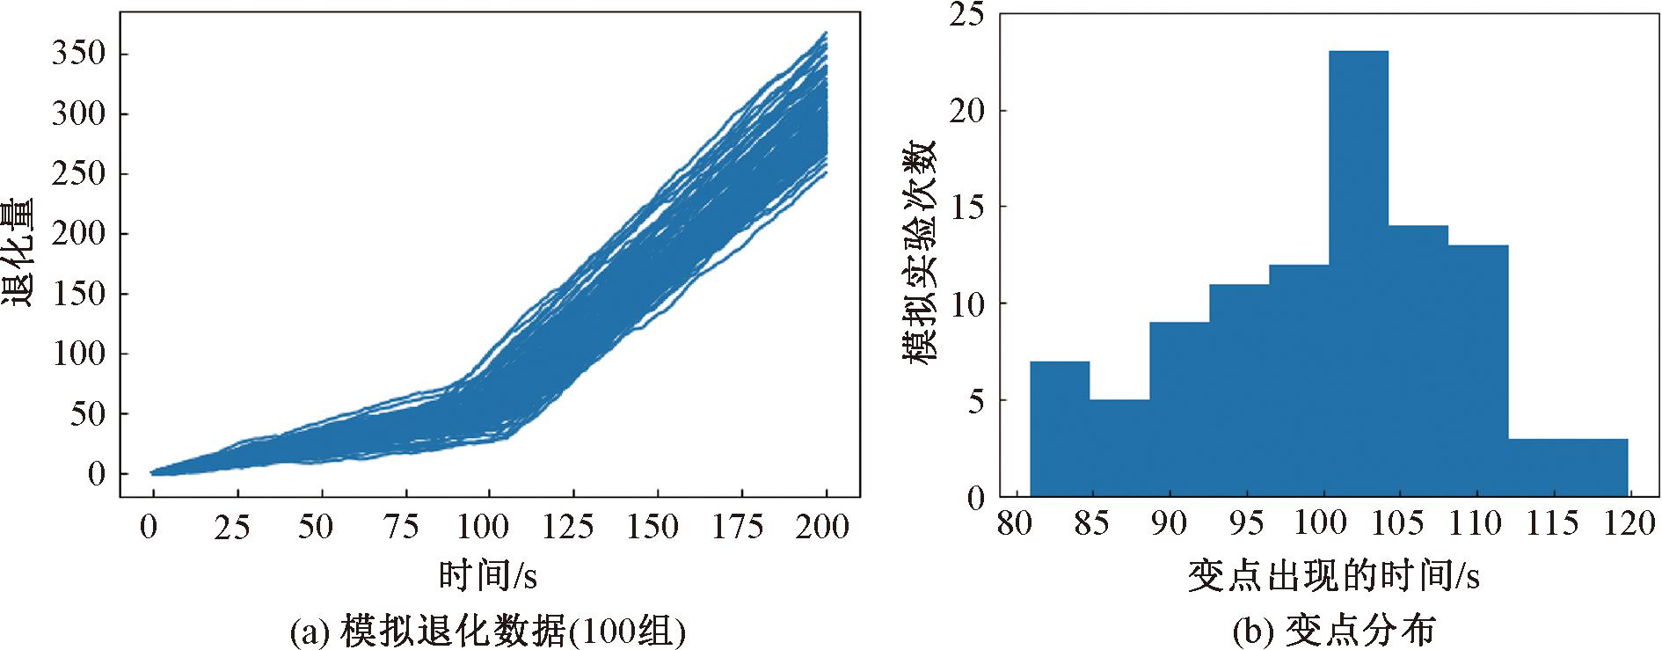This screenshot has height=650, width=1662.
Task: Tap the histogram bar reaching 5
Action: (x=1119, y=449)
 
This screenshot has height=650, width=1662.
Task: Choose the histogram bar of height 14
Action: (x=1418, y=362)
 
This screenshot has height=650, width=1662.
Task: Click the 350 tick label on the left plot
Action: (x=78, y=55)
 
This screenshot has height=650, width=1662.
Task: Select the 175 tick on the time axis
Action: (x=738, y=526)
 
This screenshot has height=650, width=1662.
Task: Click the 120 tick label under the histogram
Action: (x=1629, y=524)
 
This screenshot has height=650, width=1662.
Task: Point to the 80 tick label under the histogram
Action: (x=1017, y=524)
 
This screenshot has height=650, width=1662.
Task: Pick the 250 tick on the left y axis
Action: (x=78, y=174)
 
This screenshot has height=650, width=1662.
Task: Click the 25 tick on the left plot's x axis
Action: (x=232, y=526)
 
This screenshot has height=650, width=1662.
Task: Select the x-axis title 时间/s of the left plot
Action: (x=488, y=575)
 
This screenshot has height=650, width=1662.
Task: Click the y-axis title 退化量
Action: (x=18, y=252)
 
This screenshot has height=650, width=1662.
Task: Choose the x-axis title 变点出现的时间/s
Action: (x=1333, y=575)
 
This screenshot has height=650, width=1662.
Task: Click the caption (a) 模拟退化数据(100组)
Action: (x=488, y=629)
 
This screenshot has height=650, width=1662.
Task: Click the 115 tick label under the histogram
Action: (x=1551, y=524)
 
